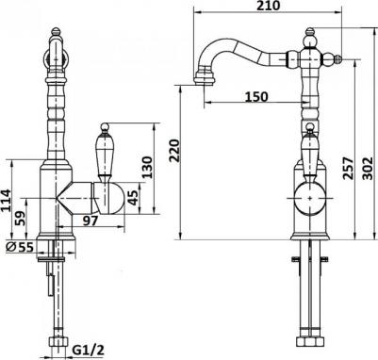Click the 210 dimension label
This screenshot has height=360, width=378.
click(268, 6)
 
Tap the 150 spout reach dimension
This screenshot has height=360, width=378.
click(256, 96)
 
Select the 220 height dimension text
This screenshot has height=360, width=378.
click(174, 151)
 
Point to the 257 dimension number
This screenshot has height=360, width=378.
click(348, 168)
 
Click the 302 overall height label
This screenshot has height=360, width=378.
click(368, 168)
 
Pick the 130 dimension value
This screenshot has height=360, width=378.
click(147, 167)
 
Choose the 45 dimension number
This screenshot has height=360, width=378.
click(134, 198)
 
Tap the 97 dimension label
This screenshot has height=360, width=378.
click(90, 221)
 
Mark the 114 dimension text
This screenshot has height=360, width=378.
click(6, 201)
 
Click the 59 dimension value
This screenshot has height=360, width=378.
click(21, 219)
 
